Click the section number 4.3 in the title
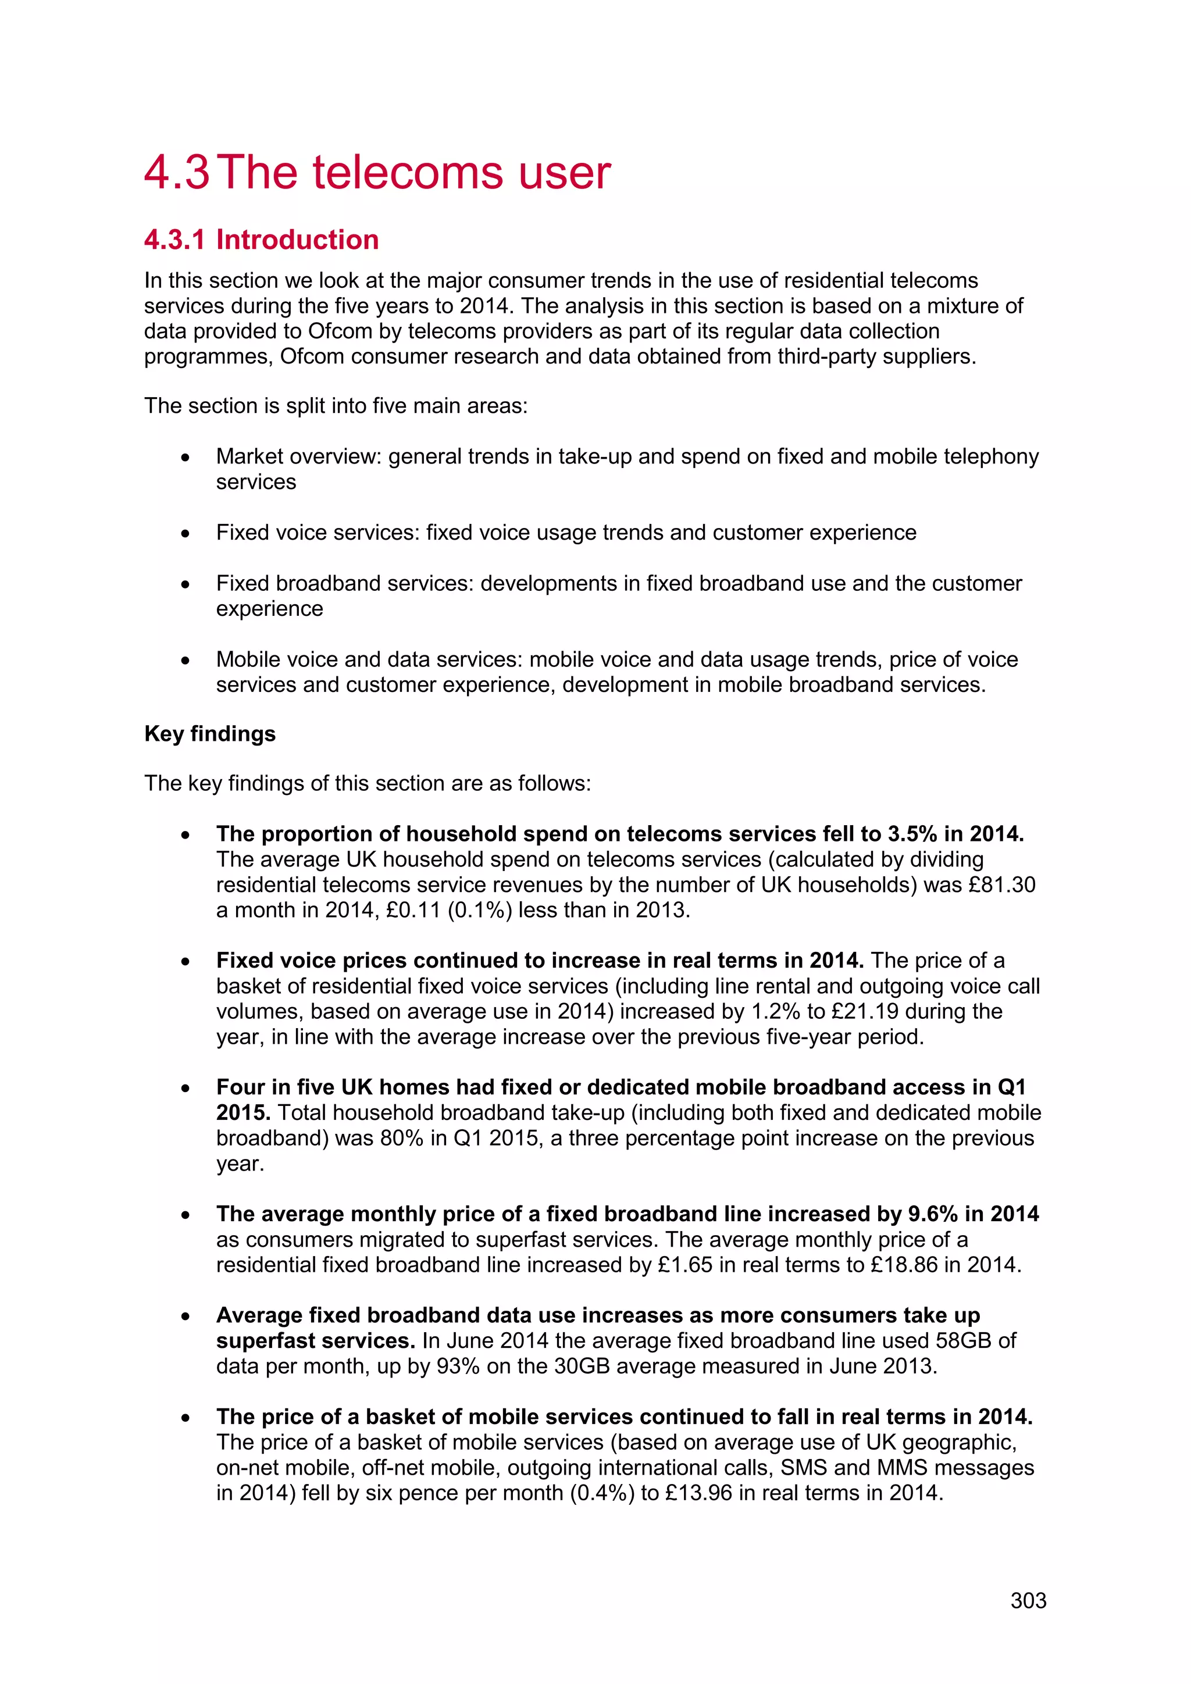click(x=176, y=173)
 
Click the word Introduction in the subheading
click(x=297, y=240)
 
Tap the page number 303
click(x=1028, y=1600)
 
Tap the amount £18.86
click(x=904, y=1265)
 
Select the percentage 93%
click(x=458, y=1367)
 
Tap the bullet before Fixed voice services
click(x=186, y=533)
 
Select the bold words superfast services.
click(x=315, y=1341)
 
